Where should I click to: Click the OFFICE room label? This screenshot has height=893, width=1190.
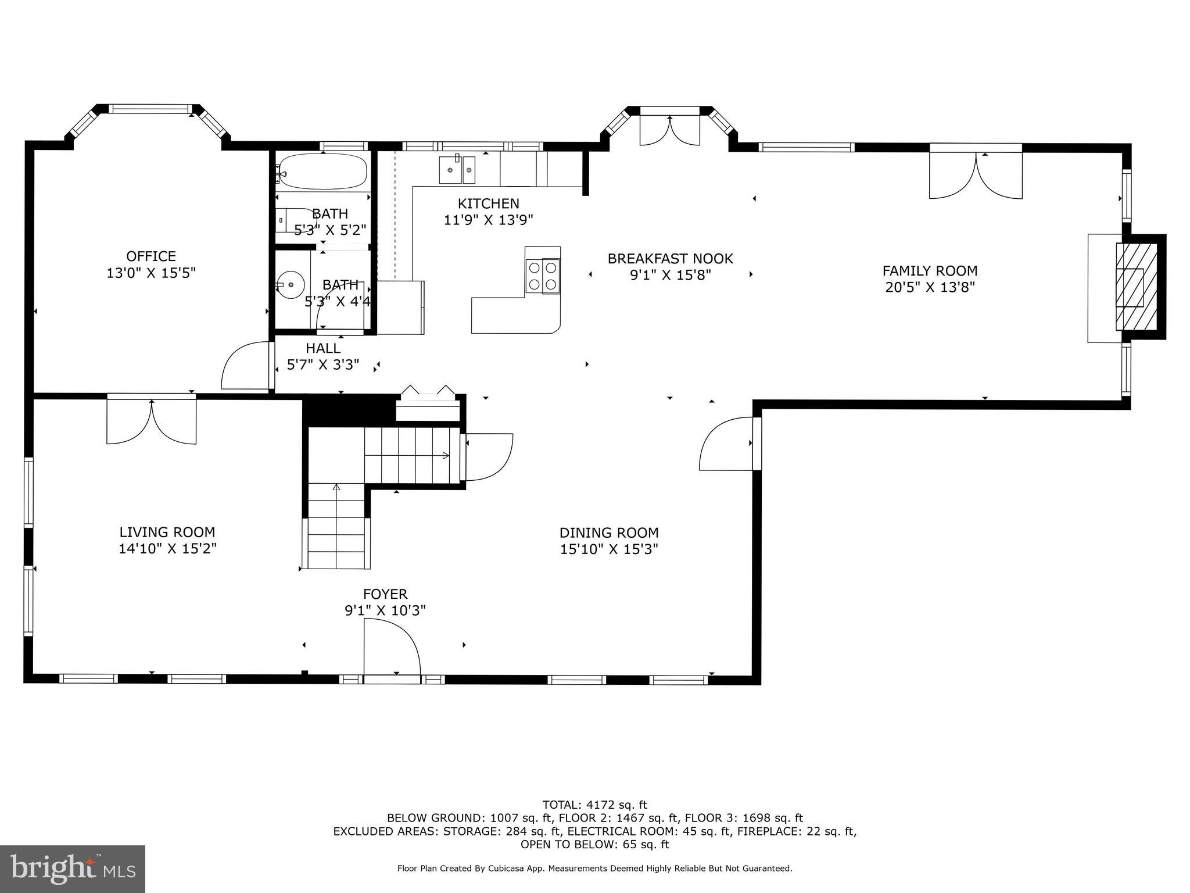151,256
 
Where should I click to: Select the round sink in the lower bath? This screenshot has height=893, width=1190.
291,285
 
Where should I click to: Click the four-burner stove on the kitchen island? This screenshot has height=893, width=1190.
543,276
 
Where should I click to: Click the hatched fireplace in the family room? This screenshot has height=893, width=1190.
1135,287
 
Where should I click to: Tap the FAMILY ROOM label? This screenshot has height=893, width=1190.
930,271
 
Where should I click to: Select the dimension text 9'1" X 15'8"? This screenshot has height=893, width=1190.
671,275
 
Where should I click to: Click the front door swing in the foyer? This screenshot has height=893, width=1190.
390,648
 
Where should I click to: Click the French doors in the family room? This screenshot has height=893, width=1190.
976,175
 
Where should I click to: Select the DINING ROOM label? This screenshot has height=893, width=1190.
609,533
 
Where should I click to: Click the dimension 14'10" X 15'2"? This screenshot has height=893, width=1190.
167,549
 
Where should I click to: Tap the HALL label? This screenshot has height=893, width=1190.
323,348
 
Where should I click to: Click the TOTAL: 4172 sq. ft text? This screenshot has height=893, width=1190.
594,805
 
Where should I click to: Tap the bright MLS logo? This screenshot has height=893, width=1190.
73,869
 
